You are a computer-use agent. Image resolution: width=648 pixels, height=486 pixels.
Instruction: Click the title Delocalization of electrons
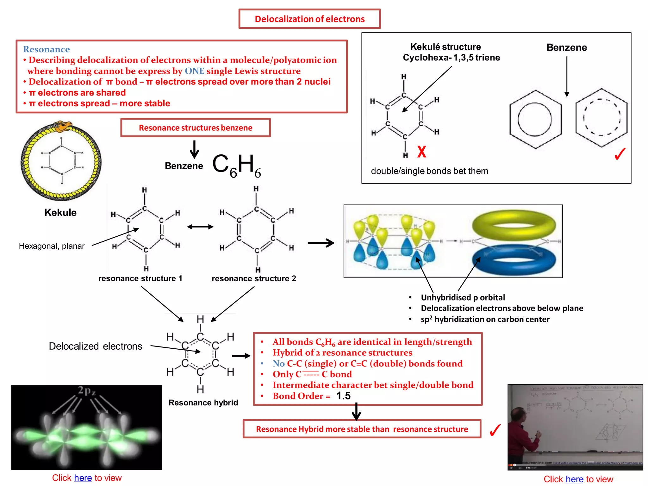309,19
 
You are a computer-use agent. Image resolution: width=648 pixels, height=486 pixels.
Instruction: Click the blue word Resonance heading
47,49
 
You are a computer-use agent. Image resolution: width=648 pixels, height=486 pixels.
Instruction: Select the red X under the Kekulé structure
421,152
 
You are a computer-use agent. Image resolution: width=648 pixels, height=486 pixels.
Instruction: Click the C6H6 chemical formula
236,165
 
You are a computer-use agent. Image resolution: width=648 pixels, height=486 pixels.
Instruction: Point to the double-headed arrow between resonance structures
200,227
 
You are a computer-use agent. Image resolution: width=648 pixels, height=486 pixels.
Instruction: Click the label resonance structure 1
140,278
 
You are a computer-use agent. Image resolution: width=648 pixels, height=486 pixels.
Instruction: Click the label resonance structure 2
254,278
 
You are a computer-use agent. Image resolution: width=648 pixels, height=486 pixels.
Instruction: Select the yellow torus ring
514,225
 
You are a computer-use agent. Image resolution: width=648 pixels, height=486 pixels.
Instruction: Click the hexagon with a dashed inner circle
601,118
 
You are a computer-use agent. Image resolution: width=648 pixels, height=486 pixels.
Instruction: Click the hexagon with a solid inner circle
535,119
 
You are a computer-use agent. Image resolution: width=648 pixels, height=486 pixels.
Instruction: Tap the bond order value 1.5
343,396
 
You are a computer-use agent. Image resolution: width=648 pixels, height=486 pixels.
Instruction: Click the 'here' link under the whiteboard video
574,479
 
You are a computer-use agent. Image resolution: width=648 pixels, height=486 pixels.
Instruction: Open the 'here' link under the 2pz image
83,478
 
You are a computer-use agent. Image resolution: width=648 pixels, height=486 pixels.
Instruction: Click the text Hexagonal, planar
52,246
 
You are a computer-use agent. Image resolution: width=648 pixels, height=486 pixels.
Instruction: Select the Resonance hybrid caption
203,402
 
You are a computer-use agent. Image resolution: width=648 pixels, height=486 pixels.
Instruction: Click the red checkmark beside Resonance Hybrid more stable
495,430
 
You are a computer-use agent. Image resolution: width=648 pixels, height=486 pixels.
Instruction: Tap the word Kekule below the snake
60,212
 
